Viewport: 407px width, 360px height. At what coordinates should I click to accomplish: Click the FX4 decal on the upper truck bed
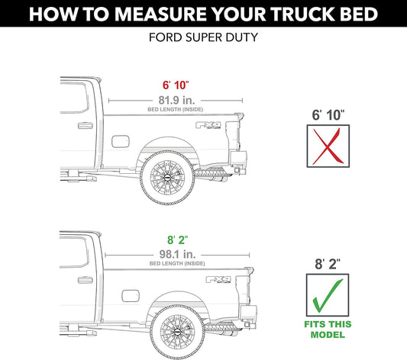[x=208, y=125]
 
